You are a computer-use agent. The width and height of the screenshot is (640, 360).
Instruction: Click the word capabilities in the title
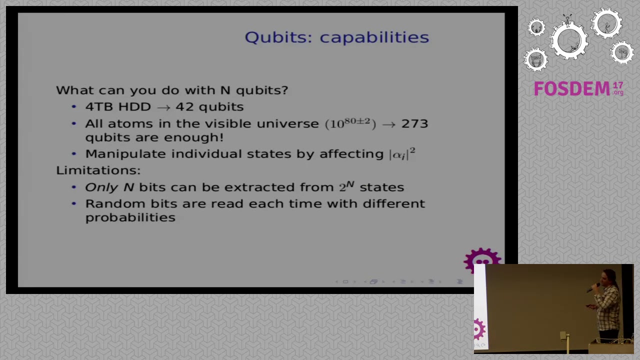click(x=374, y=37)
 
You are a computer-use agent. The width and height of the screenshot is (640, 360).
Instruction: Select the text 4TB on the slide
click(x=98, y=106)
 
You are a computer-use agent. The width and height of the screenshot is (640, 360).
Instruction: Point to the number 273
click(x=414, y=123)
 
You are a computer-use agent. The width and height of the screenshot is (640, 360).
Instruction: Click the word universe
click(x=287, y=123)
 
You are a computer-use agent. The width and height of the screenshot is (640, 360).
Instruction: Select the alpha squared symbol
click(x=402, y=154)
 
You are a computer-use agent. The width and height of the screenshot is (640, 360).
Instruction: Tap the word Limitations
click(x=98, y=170)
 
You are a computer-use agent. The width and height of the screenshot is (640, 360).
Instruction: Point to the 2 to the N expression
click(x=346, y=186)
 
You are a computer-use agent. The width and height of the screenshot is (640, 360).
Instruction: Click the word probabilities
click(x=130, y=217)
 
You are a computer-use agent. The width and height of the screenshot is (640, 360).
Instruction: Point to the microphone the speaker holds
click(x=594, y=287)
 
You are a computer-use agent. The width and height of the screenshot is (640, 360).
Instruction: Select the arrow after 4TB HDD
click(x=163, y=107)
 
